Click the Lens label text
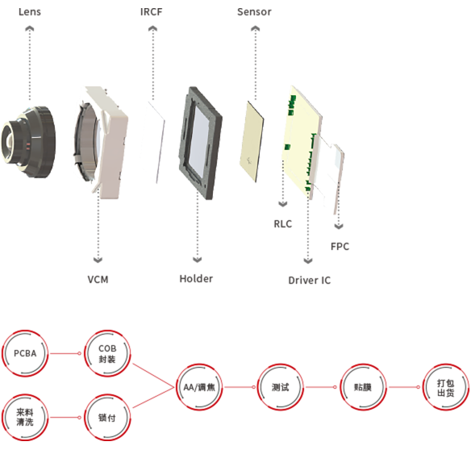point(30,12)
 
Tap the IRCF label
point(152,12)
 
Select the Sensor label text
point(254,12)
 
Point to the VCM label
point(98,280)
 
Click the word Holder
point(196,279)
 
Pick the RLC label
point(282,224)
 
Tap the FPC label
point(340,247)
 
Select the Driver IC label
point(310,281)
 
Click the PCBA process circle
point(25,353)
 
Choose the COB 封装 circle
point(107,353)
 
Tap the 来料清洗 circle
point(25,417)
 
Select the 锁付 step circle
point(107,417)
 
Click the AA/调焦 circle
point(199,387)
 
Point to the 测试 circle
point(280,387)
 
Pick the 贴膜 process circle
point(363,387)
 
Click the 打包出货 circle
point(446,387)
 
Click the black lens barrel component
point(28,142)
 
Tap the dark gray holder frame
point(200,143)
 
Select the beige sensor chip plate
point(252,141)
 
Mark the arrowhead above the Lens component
point(29,28)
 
